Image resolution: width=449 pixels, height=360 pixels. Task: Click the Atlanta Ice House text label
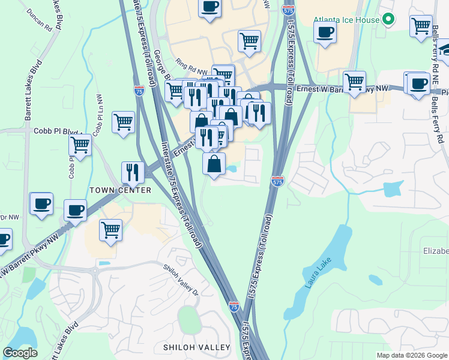click(x=346, y=20)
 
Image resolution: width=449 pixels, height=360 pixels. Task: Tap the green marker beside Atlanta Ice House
click(x=388, y=19)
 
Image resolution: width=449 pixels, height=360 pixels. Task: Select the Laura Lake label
click(x=318, y=273)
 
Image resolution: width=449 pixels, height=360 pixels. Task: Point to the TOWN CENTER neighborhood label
click(x=120, y=190)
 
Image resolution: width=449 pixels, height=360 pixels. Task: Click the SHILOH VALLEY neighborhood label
click(x=197, y=347)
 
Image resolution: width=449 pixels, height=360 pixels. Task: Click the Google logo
click(x=20, y=353)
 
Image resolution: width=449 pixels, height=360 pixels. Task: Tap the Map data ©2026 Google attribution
click(x=412, y=355)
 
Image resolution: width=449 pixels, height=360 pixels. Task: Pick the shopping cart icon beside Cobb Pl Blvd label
click(x=123, y=122)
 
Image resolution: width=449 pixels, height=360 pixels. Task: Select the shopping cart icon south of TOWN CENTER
click(x=110, y=229)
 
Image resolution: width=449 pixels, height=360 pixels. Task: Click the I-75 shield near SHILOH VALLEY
click(x=234, y=307)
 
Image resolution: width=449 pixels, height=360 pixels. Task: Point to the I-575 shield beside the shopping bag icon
click(x=277, y=180)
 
